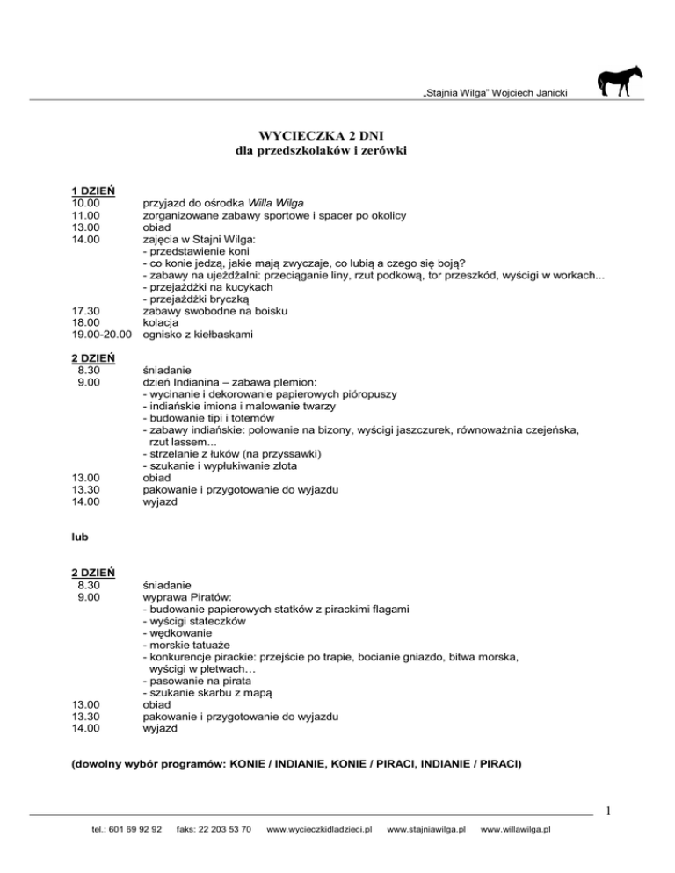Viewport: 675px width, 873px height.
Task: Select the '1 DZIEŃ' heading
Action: click(96, 191)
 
